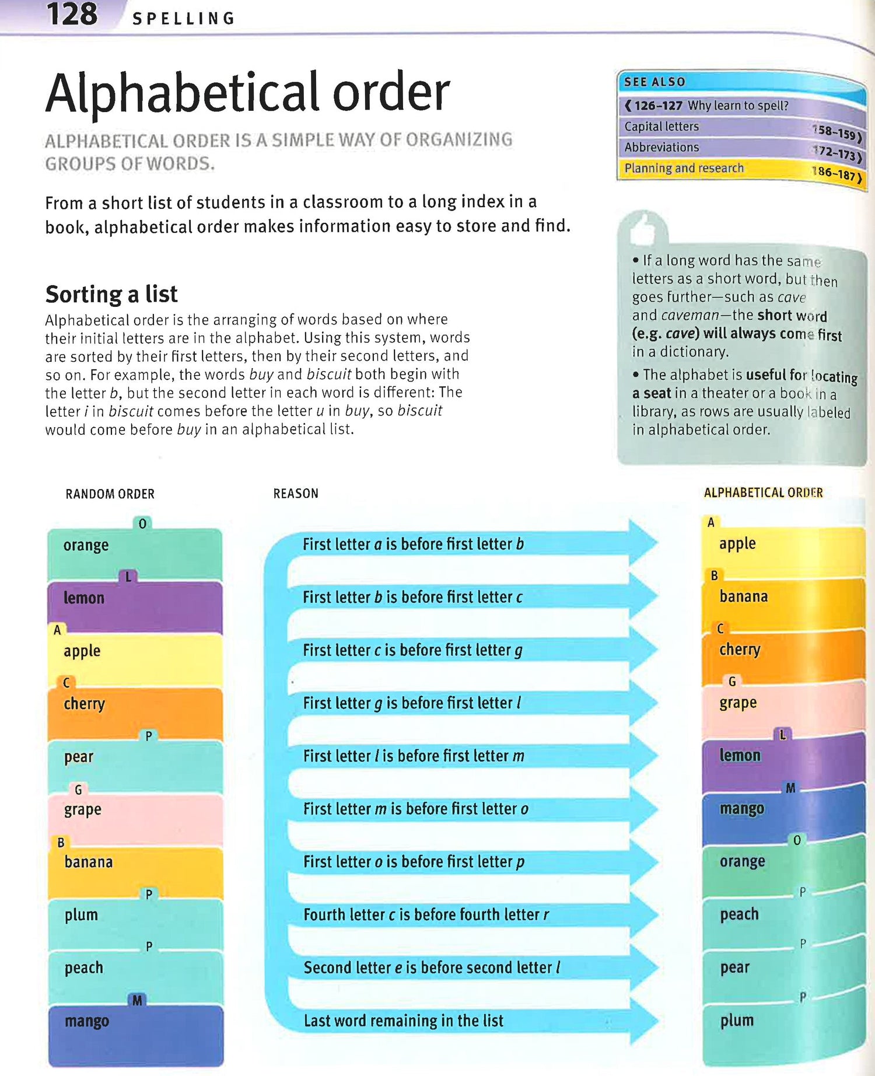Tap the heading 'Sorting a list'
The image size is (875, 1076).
[x=111, y=294]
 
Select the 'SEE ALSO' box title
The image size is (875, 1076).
[x=654, y=82]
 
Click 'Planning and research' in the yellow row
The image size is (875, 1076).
[x=684, y=168]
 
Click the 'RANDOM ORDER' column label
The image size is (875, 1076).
[x=110, y=494]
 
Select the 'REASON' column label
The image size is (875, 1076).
[x=296, y=494]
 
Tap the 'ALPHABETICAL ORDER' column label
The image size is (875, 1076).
[x=763, y=492]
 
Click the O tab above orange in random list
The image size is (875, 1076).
[x=142, y=523]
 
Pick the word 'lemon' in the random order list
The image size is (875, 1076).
[x=84, y=598]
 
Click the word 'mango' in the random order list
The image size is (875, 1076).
[x=87, y=1021]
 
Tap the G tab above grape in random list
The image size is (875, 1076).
[x=78, y=789]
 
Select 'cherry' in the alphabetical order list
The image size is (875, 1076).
[x=740, y=649]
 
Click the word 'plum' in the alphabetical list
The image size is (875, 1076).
[x=737, y=1020]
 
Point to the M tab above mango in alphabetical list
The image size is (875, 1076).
[x=790, y=788]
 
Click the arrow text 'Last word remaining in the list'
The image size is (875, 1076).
[x=403, y=1021]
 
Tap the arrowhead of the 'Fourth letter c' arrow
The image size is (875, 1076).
[x=644, y=914]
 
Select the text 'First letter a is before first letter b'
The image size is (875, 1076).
[x=413, y=544]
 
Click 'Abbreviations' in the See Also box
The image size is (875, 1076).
[x=661, y=147]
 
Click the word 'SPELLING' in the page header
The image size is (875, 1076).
[x=183, y=19]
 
